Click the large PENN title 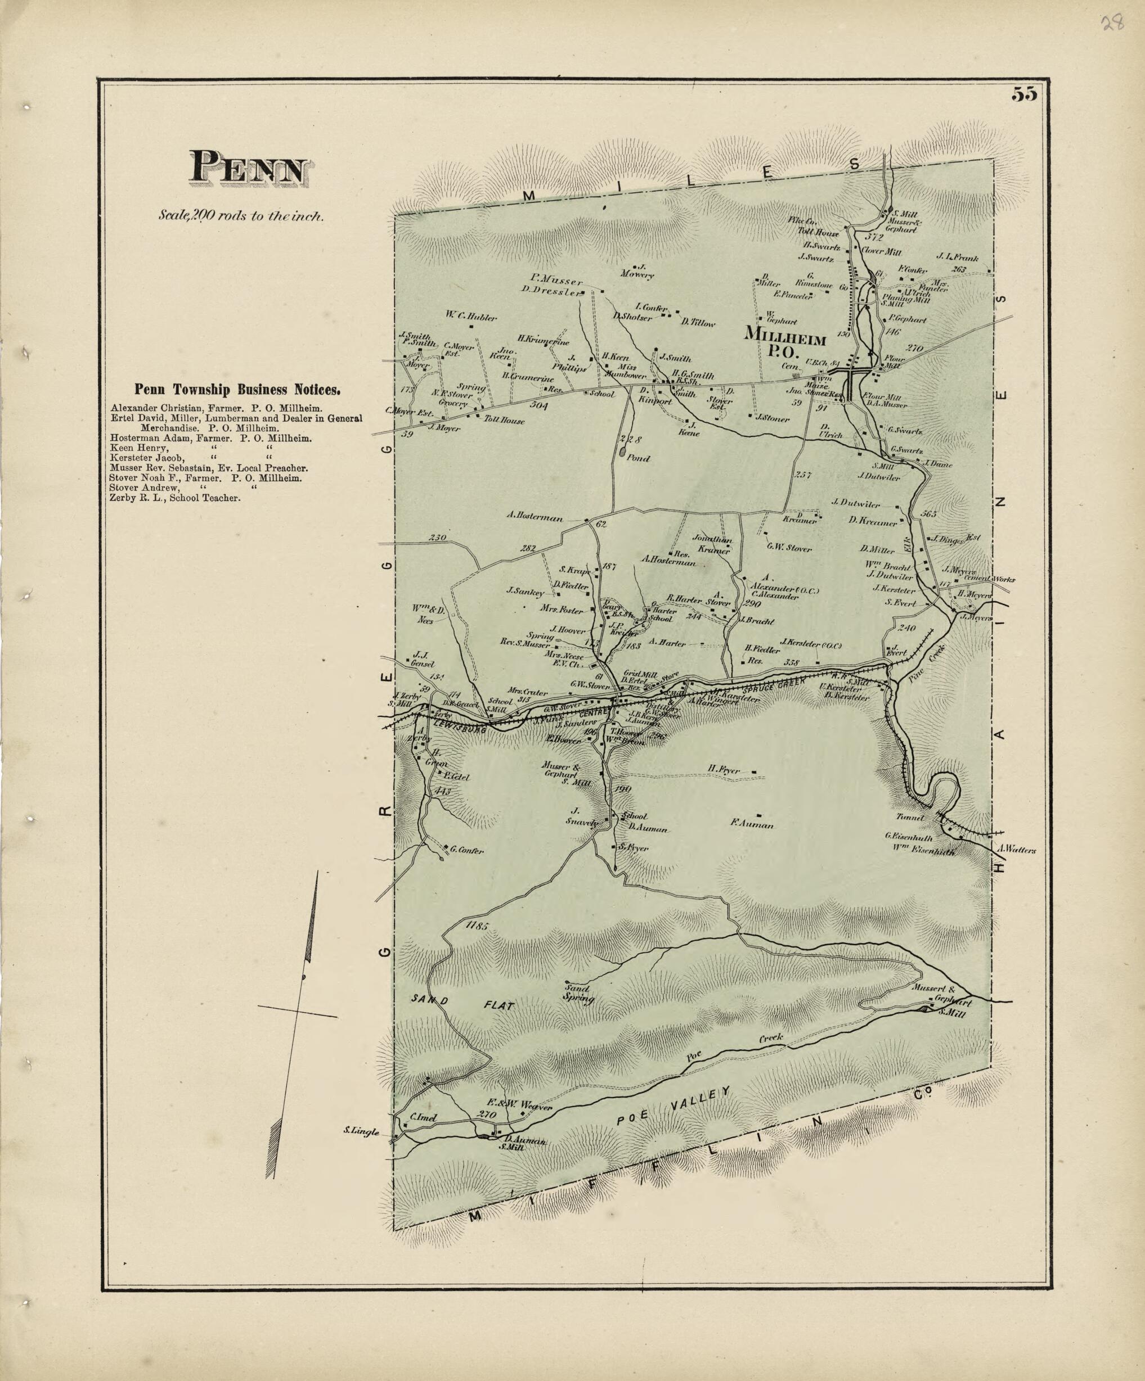(249, 168)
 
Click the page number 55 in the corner (1025, 94)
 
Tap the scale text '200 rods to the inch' (241, 214)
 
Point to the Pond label (637, 458)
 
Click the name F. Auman (752, 825)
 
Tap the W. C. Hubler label (471, 317)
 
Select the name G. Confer (466, 850)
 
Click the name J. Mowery (636, 271)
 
